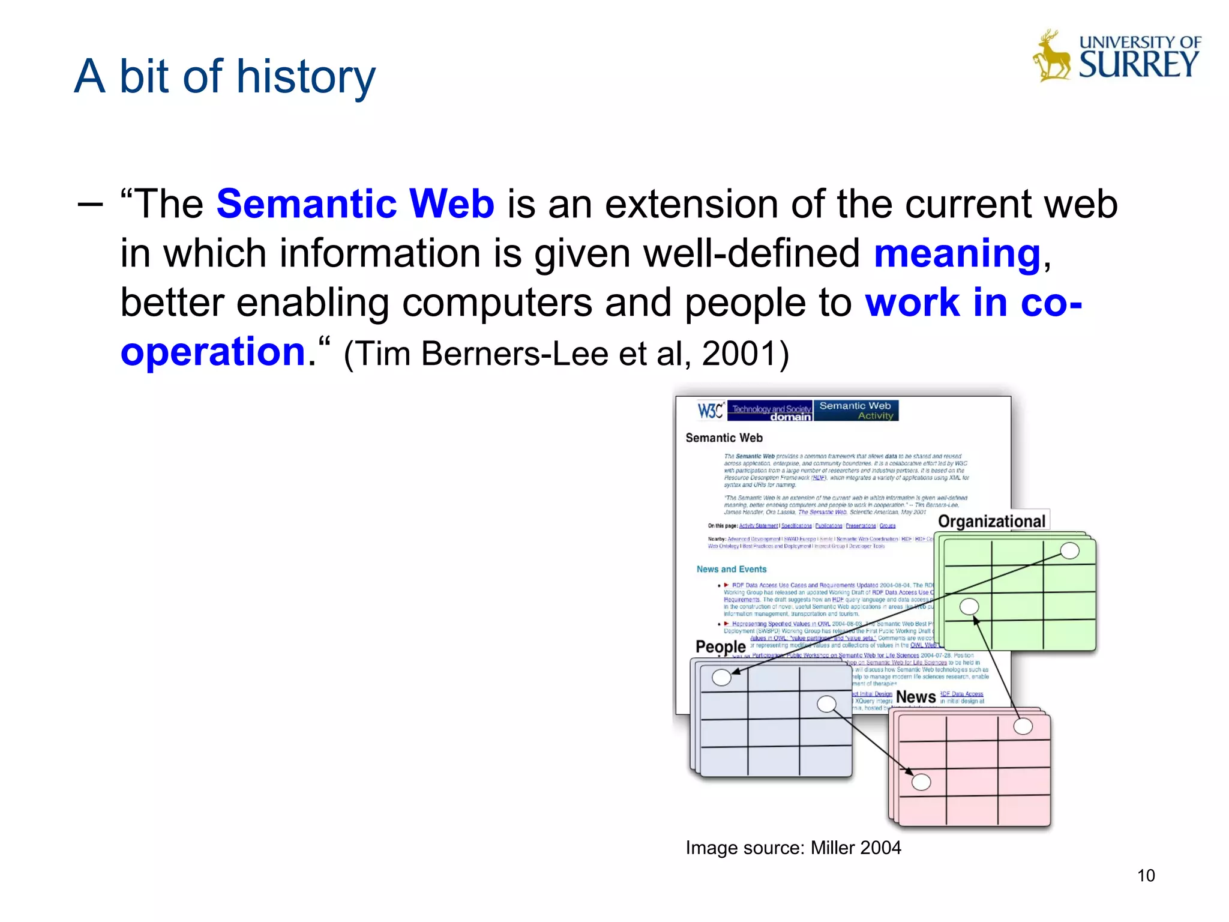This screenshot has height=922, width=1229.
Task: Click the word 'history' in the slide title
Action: click(x=306, y=77)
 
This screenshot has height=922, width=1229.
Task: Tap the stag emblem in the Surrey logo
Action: click(x=1051, y=57)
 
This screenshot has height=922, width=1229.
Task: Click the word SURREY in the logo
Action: click(x=1138, y=64)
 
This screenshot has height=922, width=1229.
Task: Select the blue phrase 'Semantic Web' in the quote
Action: click(x=355, y=204)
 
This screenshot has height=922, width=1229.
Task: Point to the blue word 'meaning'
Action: click(x=957, y=253)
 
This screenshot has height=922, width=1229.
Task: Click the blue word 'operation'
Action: click(x=213, y=352)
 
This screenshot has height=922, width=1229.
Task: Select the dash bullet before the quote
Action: click(x=90, y=204)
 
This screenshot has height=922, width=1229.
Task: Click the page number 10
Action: click(x=1146, y=876)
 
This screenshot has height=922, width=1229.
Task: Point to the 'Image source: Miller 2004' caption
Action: click(x=793, y=848)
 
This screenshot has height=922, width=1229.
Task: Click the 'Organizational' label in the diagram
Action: click(x=991, y=521)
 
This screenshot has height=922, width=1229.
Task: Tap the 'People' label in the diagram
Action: click(x=720, y=646)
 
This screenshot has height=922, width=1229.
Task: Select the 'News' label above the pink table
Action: click(x=916, y=697)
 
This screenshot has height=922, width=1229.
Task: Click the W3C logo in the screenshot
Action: click(x=711, y=411)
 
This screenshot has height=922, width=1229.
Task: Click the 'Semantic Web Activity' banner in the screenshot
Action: click(x=856, y=411)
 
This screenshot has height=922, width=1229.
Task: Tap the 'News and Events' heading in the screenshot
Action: click(x=732, y=569)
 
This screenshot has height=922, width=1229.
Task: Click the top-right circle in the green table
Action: click(x=1069, y=550)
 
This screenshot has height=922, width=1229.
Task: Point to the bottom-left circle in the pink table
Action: click(x=921, y=782)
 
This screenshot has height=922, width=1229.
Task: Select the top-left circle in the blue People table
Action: click(x=721, y=678)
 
